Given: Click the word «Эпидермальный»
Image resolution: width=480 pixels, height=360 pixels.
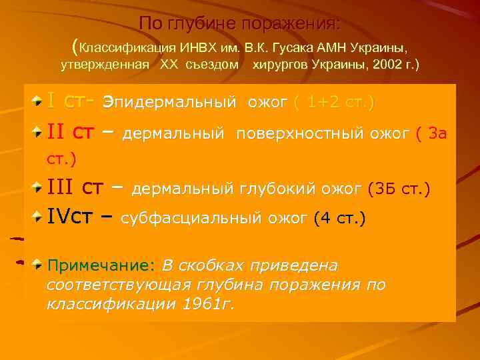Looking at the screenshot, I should coord(171,103).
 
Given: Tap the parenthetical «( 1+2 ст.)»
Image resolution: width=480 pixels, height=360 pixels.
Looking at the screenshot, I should coord(333,103).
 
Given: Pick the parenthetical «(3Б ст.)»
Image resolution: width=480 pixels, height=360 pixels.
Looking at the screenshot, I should coord(399,189).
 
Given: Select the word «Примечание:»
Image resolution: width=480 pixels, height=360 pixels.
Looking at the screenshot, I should coord(101,265).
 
